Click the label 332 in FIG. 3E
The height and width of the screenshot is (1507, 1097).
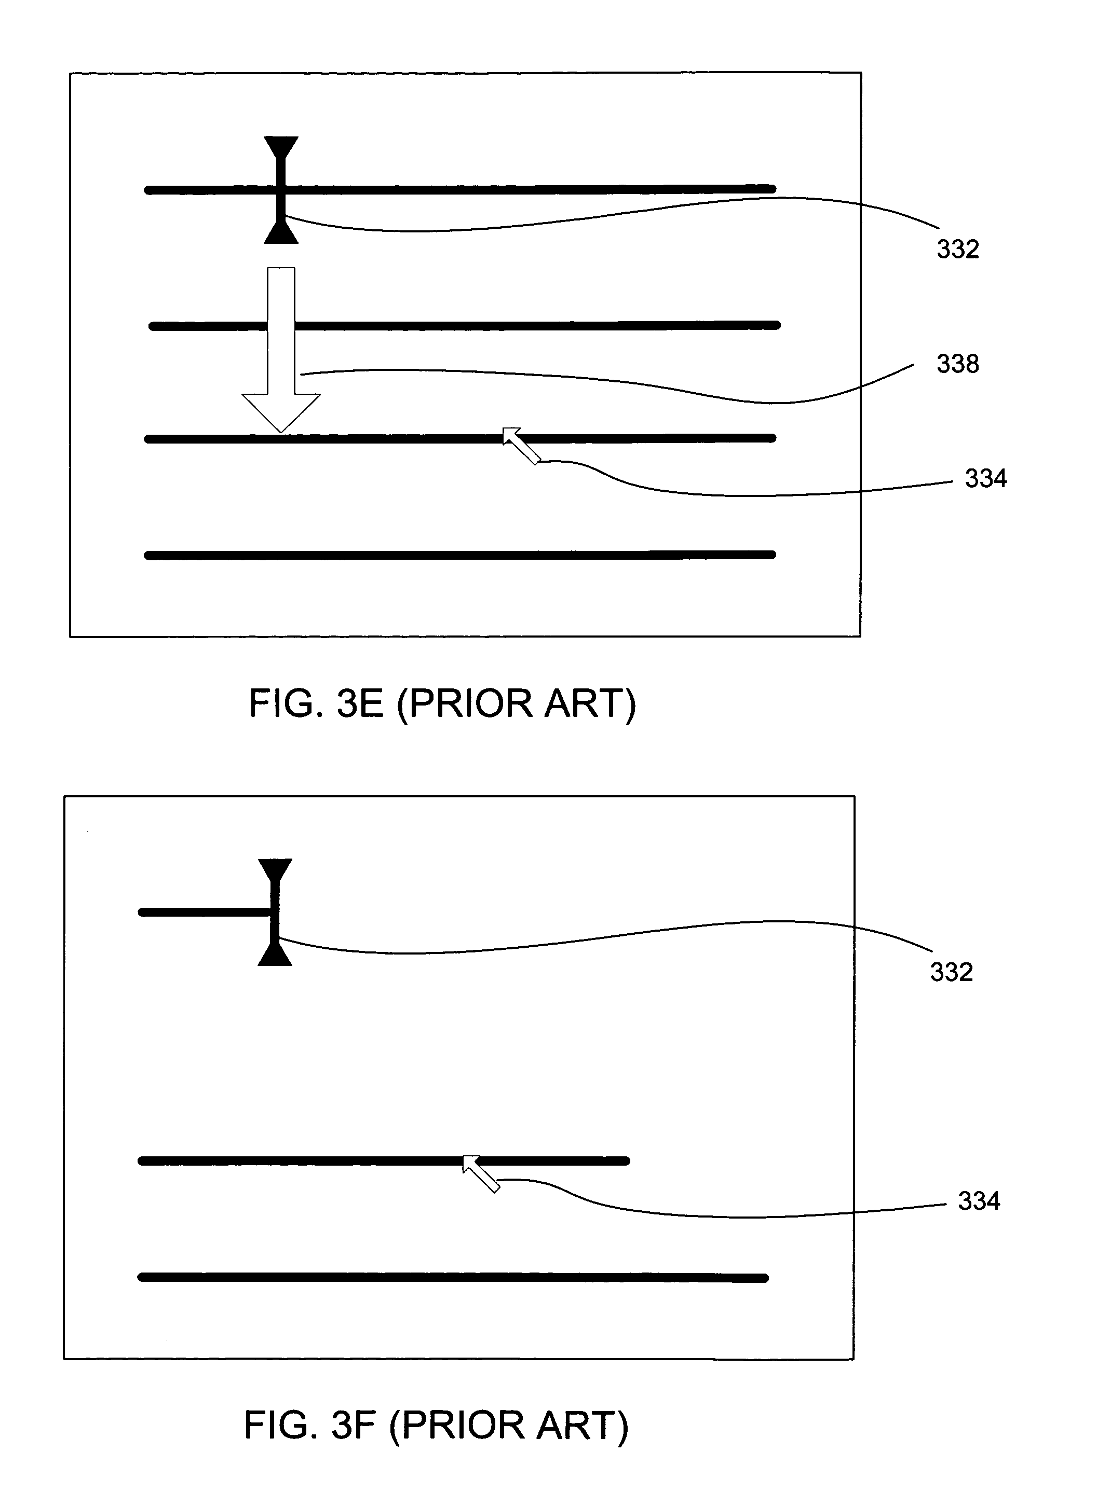[957, 249]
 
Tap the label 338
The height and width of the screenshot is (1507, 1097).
[957, 364]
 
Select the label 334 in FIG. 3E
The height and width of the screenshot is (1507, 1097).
[985, 478]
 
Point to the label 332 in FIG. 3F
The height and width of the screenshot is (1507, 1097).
[951, 972]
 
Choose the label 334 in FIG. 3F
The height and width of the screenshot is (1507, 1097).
[979, 1201]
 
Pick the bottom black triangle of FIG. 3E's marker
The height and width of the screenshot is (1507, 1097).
[280, 234]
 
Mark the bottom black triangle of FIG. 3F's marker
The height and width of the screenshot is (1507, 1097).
[275, 956]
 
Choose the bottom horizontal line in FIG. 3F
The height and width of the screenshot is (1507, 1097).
[452, 1278]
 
